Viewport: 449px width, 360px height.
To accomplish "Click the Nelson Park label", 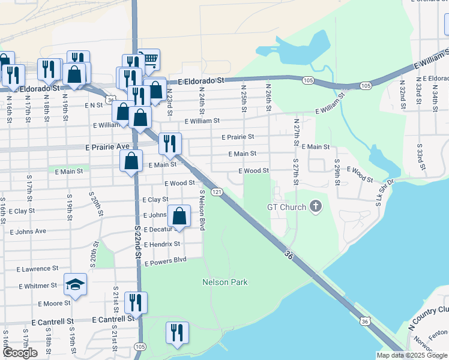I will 225,282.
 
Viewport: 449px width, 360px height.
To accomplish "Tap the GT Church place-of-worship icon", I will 316,208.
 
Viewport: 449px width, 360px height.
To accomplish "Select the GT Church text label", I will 286,208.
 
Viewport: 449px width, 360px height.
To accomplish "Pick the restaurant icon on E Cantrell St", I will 136,303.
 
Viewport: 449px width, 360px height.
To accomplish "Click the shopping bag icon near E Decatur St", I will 179,217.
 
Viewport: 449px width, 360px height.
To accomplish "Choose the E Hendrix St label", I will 161,244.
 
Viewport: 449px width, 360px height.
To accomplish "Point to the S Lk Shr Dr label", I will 385,193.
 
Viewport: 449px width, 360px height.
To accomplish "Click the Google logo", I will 20,353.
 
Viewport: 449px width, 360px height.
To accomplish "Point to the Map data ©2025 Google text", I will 411,355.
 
